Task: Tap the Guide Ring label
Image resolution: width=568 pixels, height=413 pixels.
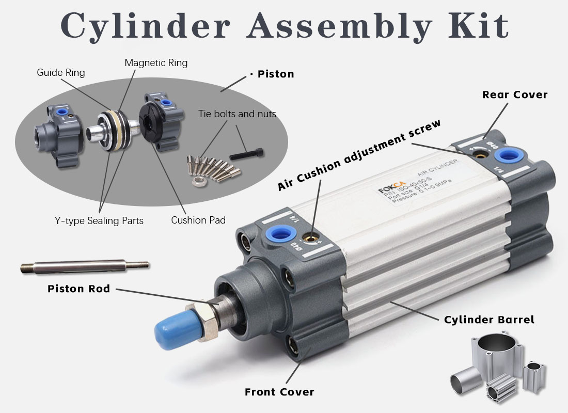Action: tap(60, 73)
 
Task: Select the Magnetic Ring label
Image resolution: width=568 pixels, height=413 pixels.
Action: tap(156, 63)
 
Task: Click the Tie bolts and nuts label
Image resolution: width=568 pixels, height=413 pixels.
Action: tap(237, 114)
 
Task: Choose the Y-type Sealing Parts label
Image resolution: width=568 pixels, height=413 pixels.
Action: tap(99, 220)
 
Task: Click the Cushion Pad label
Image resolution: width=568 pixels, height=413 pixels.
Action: tap(198, 220)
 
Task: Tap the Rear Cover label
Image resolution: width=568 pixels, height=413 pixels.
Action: tap(514, 94)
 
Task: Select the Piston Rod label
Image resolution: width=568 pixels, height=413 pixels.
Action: tap(78, 289)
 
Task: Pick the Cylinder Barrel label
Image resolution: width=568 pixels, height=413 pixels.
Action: tap(489, 320)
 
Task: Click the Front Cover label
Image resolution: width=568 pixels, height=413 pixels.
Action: tap(279, 392)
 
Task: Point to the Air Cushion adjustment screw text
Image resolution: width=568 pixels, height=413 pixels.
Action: tap(359, 154)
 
